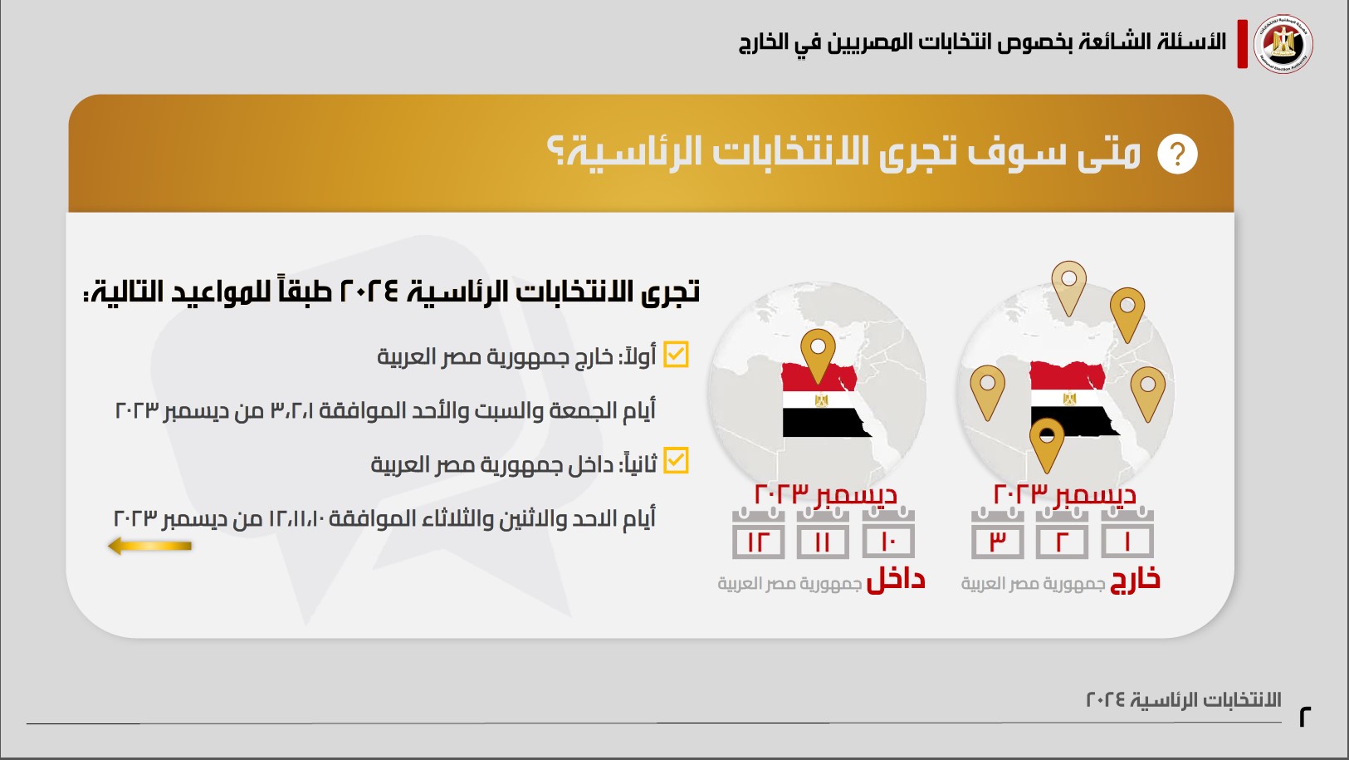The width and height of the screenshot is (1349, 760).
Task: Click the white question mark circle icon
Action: pyautogui.click(x=1177, y=154)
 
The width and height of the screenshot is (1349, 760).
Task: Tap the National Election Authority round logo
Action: pyautogui.click(x=1283, y=43)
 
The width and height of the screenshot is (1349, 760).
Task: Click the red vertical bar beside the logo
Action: pyautogui.click(x=1243, y=43)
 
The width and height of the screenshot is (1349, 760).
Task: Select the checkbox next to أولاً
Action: pyautogui.click(x=676, y=355)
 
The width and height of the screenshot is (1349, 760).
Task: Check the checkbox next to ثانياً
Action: pyautogui.click(x=676, y=461)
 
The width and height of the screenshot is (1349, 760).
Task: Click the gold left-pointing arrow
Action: pyautogui.click(x=149, y=546)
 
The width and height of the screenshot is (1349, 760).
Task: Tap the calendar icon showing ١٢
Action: pyautogui.click(x=758, y=533)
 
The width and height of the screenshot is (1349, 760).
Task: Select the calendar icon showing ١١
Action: pyautogui.click(x=823, y=533)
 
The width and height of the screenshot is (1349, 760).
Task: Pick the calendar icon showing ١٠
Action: pyautogui.click(x=888, y=533)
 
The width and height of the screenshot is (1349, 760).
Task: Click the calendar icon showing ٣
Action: pyautogui.click(x=997, y=533)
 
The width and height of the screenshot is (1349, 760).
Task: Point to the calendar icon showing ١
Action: pyautogui.click(x=1127, y=533)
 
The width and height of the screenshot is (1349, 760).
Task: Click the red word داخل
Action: pyautogui.click(x=896, y=580)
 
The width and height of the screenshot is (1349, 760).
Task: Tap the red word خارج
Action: pyautogui.click(x=1135, y=580)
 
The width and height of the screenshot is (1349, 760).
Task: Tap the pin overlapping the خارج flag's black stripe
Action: pyautogui.click(x=1048, y=445)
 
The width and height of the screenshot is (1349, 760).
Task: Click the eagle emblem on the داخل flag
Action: pyautogui.click(x=822, y=400)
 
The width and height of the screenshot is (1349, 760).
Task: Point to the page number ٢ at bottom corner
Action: pyautogui.click(x=1305, y=717)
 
